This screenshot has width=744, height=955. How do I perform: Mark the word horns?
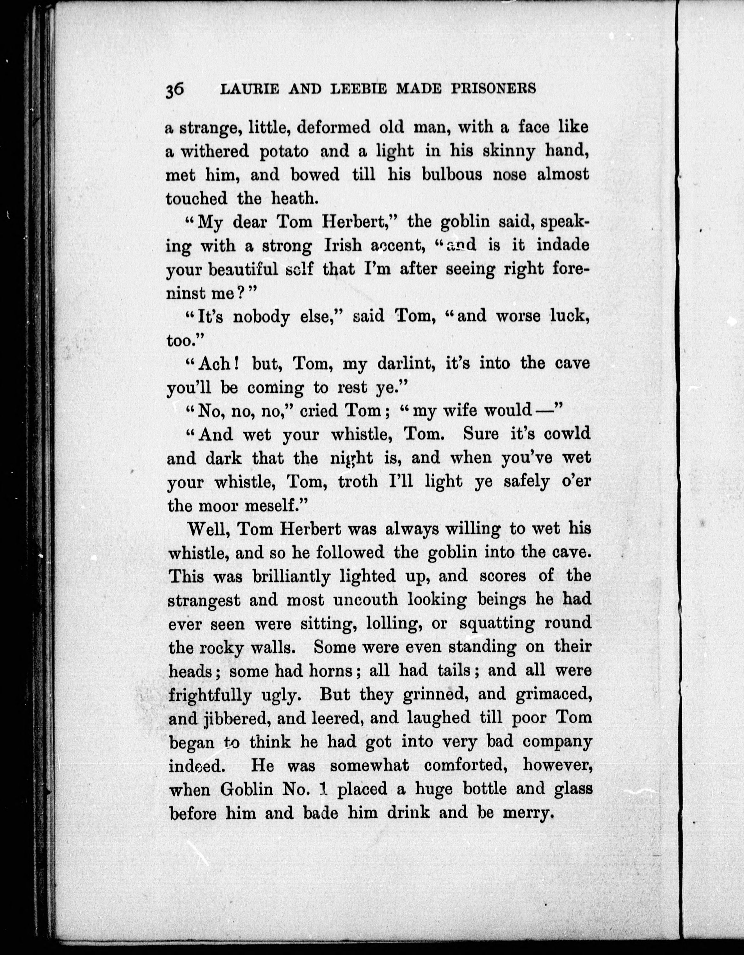331,671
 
